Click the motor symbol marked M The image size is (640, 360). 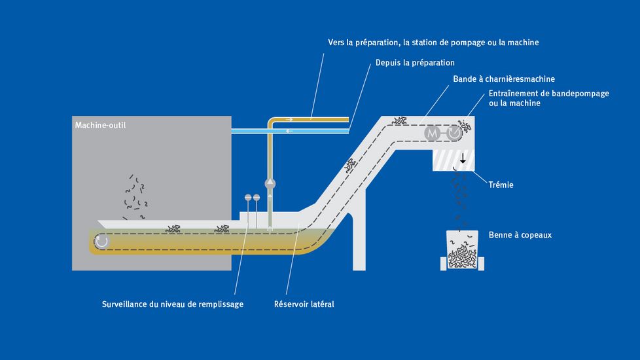[x=432, y=132]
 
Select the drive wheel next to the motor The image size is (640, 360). [x=453, y=132]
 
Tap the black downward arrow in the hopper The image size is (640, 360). [x=463, y=158]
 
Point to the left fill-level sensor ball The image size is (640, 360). [x=248, y=197]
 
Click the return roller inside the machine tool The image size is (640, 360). [x=101, y=242]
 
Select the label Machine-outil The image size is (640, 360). [x=100, y=125]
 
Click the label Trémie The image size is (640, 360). [x=501, y=185]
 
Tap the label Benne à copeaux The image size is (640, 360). [x=520, y=234]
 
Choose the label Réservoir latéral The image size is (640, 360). [x=304, y=304]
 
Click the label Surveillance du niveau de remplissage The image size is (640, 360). [x=173, y=304]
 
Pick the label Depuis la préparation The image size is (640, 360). [x=415, y=63]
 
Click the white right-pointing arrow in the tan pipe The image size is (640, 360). [x=311, y=119]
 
